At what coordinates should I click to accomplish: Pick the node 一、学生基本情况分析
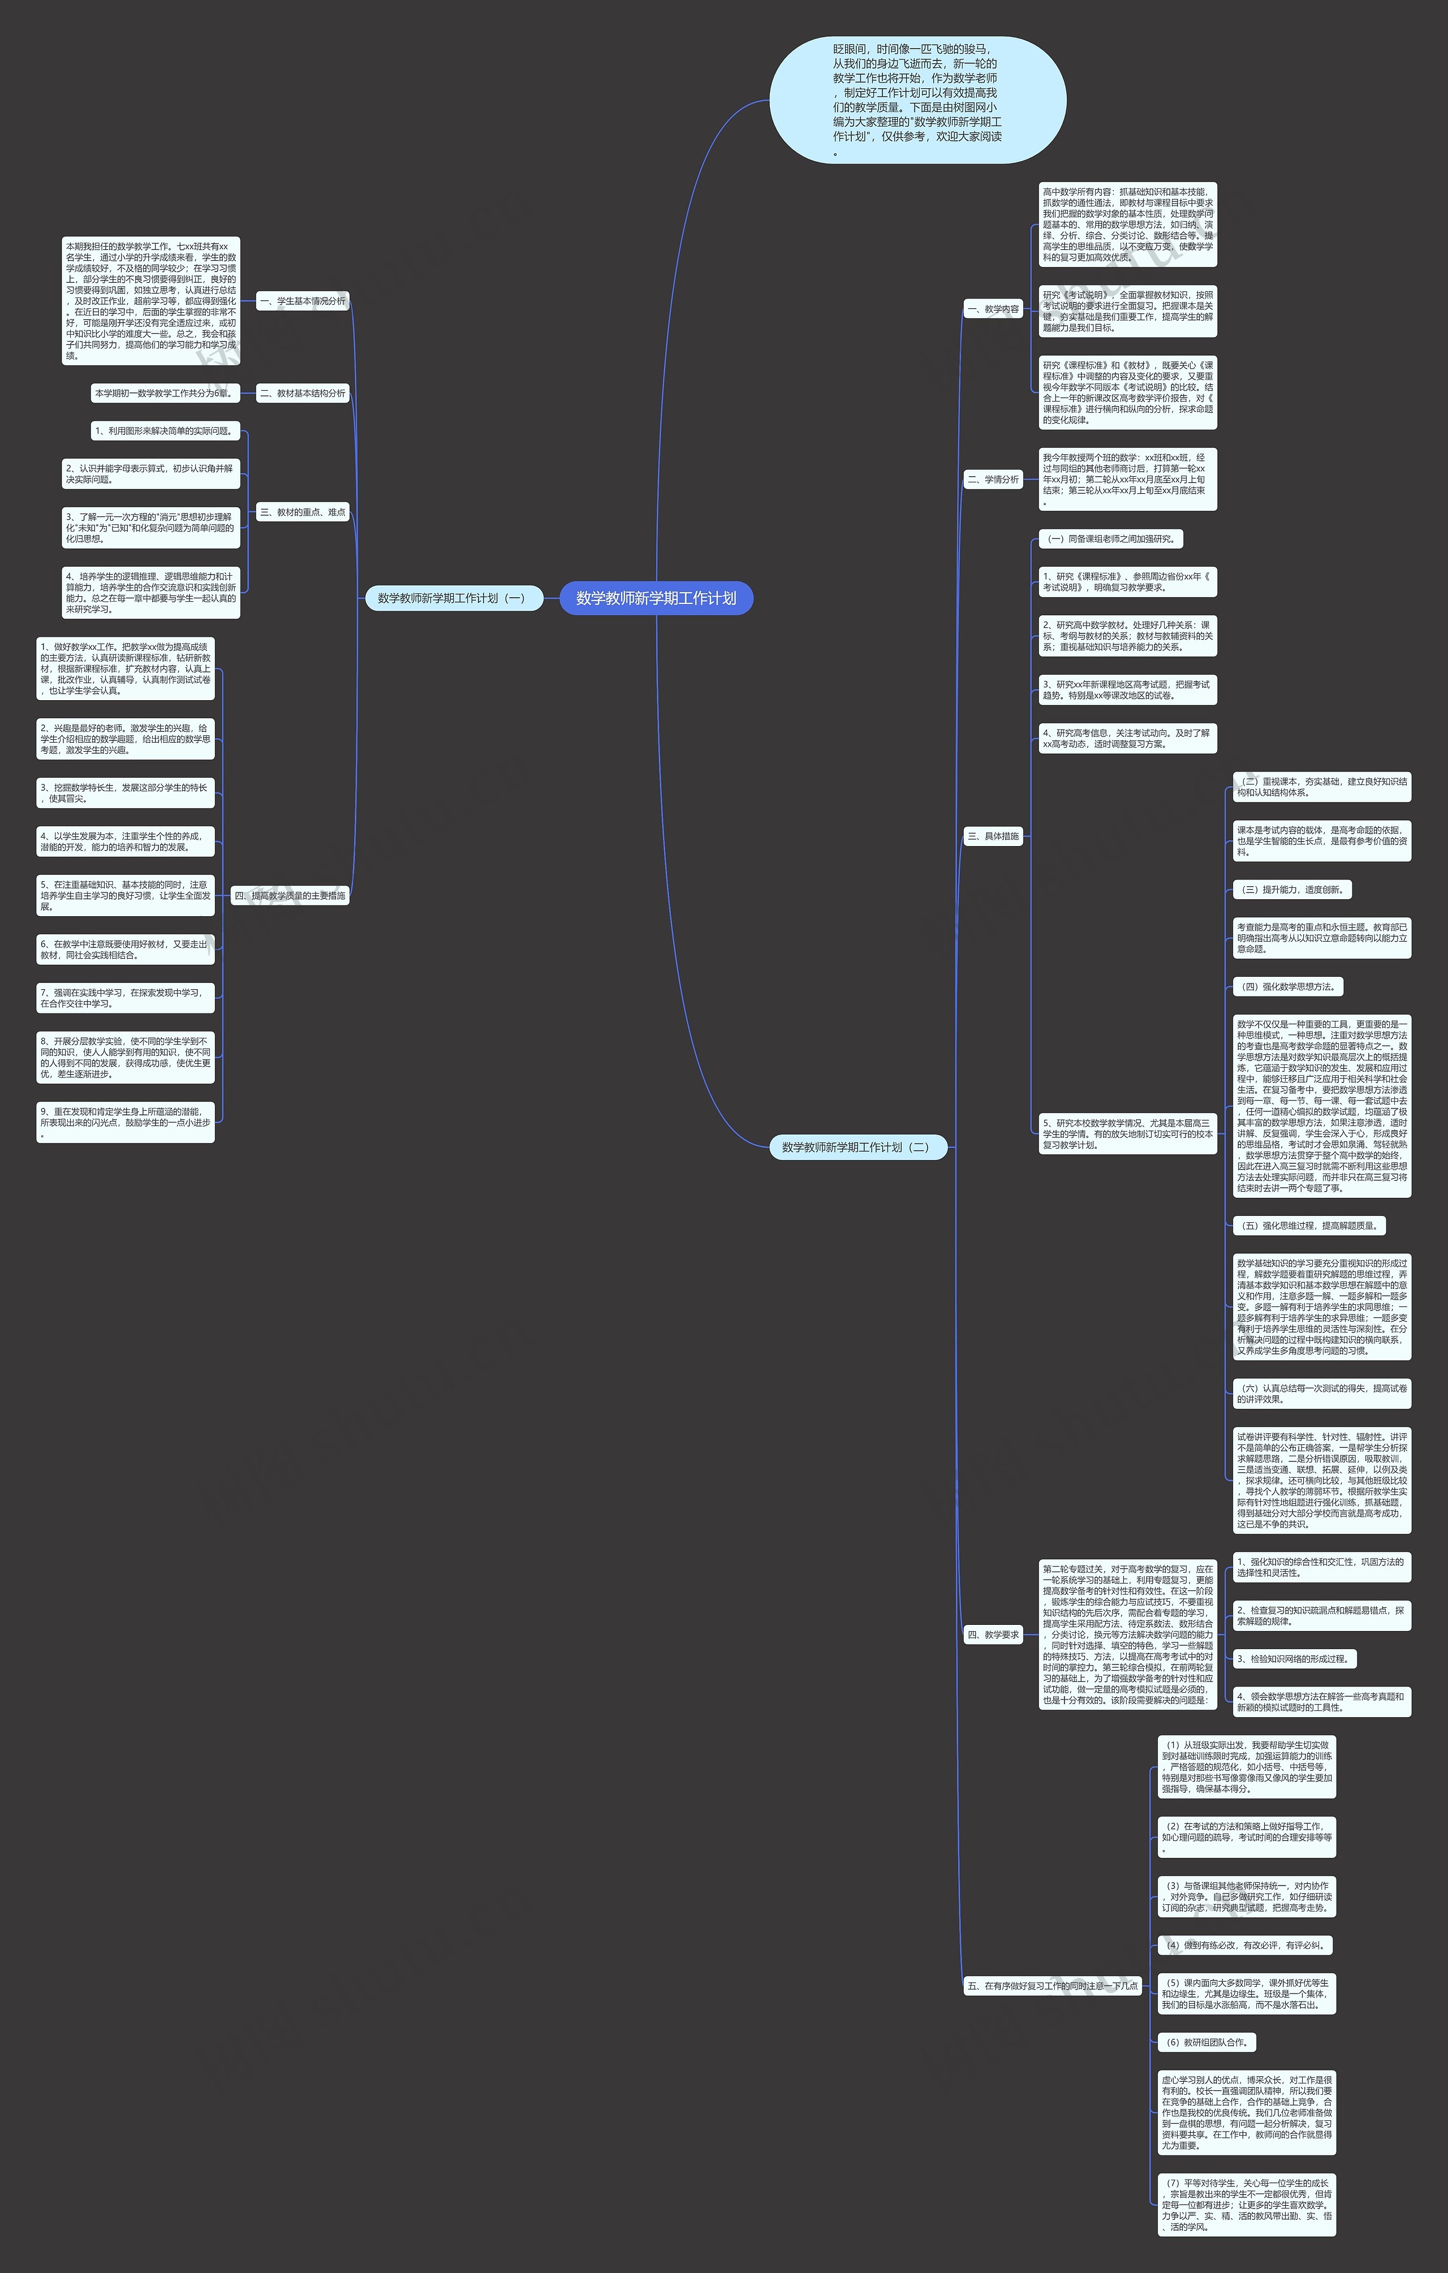[302, 301]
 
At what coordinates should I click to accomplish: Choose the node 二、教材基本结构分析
[302, 393]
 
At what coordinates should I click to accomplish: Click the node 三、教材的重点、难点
[302, 512]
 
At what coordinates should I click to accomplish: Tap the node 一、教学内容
[993, 309]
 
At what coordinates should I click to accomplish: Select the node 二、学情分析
[993, 480]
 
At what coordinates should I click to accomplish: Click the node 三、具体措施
[993, 836]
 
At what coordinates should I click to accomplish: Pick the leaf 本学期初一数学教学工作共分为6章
[162, 393]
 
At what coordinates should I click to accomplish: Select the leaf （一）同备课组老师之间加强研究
[1111, 539]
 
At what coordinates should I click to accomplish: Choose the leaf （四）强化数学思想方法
[1287, 986]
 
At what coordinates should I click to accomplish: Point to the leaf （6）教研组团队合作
[1206, 2042]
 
